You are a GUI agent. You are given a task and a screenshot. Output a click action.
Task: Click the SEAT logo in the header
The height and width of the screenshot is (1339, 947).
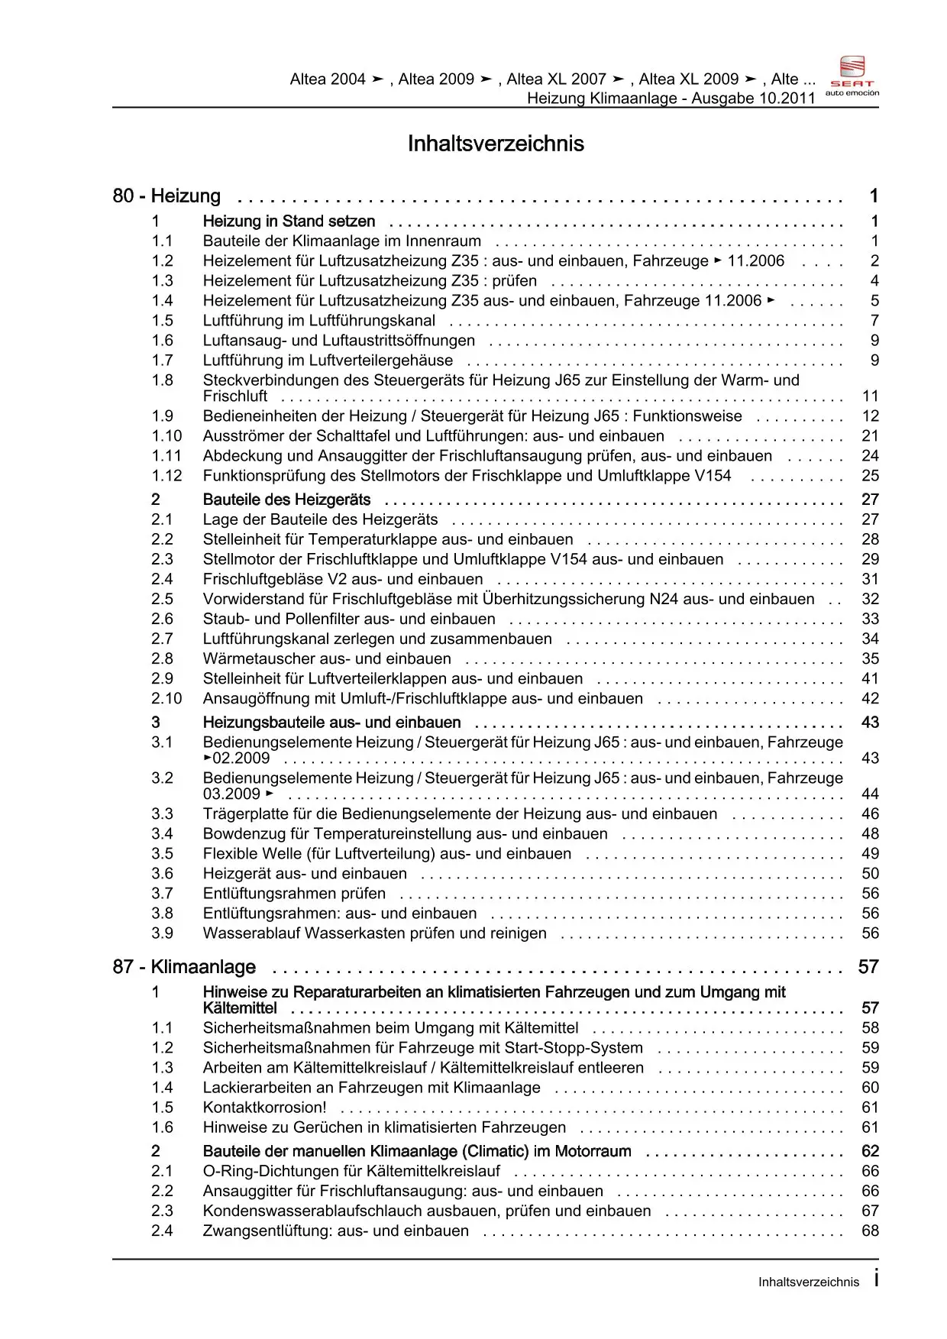click(x=852, y=76)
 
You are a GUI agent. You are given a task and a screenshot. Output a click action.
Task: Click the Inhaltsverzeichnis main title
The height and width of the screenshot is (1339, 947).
click(x=496, y=144)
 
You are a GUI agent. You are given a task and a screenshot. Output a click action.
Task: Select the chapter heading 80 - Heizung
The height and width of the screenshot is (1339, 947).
click(x=166, y=196)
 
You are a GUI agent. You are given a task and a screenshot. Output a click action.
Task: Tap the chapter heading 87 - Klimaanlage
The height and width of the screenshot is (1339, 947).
click(x=184, y=967)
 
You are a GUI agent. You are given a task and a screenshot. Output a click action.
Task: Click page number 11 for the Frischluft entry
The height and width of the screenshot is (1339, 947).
click(x=870, y=396)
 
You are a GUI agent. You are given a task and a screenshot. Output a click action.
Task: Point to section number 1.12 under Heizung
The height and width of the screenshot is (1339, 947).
click(x=166, y=476)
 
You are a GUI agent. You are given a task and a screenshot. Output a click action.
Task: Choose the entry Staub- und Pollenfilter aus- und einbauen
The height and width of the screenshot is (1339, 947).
click(x=349, y=619)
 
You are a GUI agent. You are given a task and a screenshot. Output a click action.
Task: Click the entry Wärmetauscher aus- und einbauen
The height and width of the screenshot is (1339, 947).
click(x=327, y=658)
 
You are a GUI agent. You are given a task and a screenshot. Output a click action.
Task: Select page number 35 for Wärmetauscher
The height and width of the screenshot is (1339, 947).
click(x=870, y=658)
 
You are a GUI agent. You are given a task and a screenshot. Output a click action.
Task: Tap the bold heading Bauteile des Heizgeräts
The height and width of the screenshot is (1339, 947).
click(x=286, y=500)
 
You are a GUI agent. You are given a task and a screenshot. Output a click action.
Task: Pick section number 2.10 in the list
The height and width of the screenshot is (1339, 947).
click(x=166, y=698)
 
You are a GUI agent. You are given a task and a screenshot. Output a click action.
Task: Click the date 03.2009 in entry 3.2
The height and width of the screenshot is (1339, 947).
click(x=231, y=794)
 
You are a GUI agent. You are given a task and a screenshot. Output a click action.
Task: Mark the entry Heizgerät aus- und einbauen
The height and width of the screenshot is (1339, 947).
click(x=305, y=873)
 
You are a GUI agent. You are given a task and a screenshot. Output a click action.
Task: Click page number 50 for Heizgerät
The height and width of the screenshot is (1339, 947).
click(x=870, y=873)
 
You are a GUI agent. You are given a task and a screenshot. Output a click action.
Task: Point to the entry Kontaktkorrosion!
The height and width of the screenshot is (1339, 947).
click(x=264, y=1108)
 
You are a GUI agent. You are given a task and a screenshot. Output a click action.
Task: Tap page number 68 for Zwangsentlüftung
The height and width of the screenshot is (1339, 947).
click(x=870, y=1231)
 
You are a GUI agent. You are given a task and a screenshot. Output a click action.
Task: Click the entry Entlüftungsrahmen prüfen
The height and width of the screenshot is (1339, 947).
click(x=294, y=894)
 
